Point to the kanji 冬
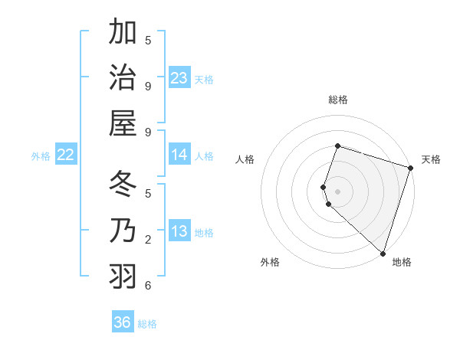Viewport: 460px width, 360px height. click(x=123, y=185)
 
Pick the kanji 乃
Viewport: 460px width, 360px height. click(x=123, y=231)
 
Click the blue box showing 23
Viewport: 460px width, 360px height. click(x=179, y=78)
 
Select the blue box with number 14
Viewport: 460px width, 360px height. click(x=179, y=155)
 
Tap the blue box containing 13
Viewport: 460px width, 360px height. click(x=179, y=231)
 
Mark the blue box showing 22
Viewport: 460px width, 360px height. click(x=66, y=155)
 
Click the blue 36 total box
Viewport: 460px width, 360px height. click(x=123, y=322)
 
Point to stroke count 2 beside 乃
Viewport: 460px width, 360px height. click(x=148, y=240)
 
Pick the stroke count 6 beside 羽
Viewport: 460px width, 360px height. click(x=148, y=286)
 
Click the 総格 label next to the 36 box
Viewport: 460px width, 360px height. click(x=148, y=324)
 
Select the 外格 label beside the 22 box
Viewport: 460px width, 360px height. click(x=41, y=156)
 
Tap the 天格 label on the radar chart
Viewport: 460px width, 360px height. click(x=431, y=159)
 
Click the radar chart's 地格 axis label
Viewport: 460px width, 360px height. click(x=402, y=262)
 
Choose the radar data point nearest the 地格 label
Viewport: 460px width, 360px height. click(x=382, y=253)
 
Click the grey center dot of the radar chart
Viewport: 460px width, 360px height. click(x=337, y=190)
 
